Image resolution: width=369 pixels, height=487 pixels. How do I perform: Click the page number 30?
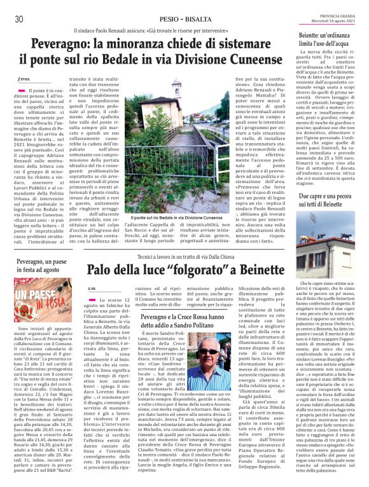pos(18,19)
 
